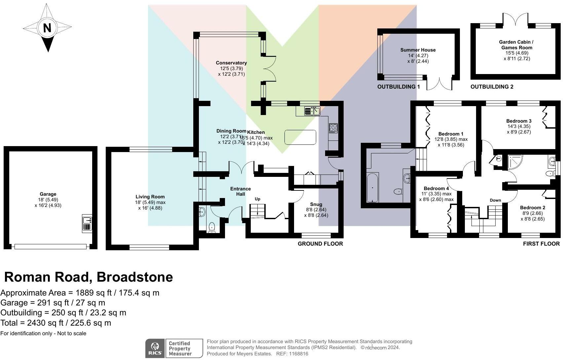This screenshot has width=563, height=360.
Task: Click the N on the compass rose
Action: (x=47, y=28)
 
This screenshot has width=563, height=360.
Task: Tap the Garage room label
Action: (x=48, y=194)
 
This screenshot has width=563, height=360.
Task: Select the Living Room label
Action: (x=150, y=197)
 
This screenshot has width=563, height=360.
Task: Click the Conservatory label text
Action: (x=231, y=63)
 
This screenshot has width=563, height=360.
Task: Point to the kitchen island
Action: (x=300, y=137)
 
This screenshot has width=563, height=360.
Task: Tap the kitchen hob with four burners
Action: (x=333, y=128)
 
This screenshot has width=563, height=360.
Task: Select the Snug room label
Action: (x=316, y=204)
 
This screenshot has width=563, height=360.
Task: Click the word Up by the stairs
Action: (x=258, y=199)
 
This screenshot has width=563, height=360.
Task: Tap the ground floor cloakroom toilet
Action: (x=212, y=227)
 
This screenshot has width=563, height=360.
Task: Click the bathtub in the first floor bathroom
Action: (x=373, y=187)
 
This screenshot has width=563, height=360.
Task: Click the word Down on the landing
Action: (x=495, y=200)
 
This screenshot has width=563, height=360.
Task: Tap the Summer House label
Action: (x=418, y=50)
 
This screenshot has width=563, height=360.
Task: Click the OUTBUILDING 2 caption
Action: (x=492, y=87)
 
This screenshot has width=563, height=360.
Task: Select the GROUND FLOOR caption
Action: (x=320, y=244)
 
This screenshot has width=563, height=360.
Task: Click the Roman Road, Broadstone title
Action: (x=89, y=277)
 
